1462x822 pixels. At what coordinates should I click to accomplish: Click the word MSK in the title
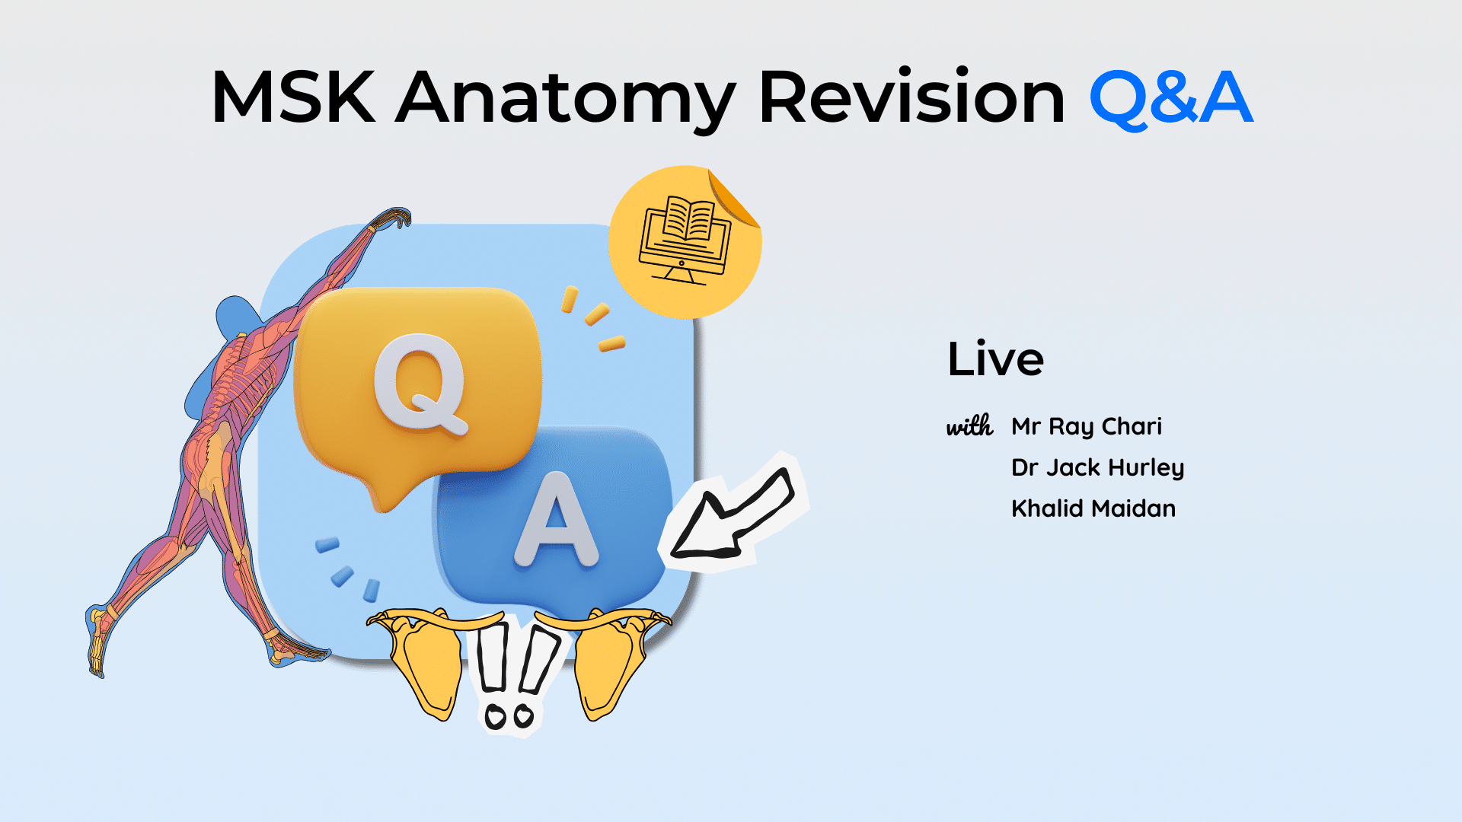(x=293, y=97)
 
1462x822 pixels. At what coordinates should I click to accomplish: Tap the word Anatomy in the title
(x=566, y=102)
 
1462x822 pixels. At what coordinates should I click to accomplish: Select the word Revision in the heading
(x=911, y=97)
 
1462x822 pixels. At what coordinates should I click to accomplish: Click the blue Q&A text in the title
(x=1171, y=98)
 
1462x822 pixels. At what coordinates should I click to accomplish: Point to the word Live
(x=995, y=358)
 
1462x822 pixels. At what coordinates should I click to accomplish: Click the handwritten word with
(x=969, y=426)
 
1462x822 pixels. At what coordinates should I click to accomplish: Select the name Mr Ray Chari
(x=1087, y=427)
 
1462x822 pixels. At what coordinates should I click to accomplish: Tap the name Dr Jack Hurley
(x=1097, y=468)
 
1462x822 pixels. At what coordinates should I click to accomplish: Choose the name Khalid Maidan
(x=1093, y=508)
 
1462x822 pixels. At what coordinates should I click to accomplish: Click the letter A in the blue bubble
(x=556, y=521)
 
